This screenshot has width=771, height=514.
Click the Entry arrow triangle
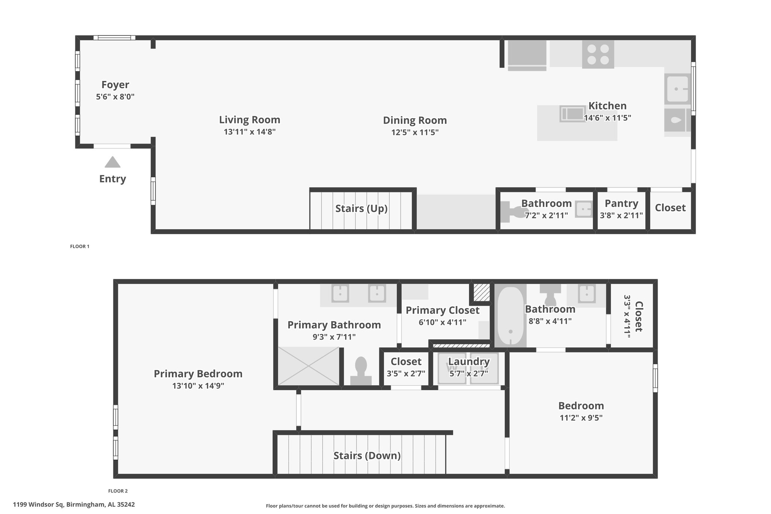point(113,162)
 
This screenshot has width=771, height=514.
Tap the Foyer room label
point(115,85)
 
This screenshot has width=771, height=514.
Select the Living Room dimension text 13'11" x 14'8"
point(250,132)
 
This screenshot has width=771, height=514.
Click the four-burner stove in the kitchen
point(598,55)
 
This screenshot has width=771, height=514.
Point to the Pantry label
point(621,203)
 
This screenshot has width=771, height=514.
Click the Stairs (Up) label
point(361,209)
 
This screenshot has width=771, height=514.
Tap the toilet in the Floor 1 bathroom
point(509,212)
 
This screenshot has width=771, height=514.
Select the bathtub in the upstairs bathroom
point(510,316)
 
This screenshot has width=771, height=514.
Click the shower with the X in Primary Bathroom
point(308,366)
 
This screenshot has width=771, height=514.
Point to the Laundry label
point(469,361)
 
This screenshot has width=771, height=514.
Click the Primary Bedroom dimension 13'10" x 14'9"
point(198,386)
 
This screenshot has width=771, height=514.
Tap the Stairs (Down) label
point(367,456)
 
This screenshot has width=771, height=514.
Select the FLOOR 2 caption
point(118,491)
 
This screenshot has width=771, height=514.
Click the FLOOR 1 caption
point(80,247)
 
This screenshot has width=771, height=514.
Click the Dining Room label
point(415,120)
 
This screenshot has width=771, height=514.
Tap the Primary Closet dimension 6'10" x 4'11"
point(442,322)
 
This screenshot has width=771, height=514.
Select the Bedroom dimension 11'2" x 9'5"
point(581,418)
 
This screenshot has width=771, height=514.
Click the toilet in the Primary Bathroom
point(361,371)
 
